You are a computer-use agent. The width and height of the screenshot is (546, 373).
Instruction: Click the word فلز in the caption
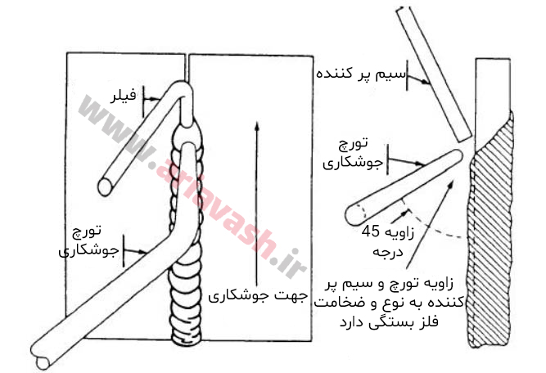point(451,321)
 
